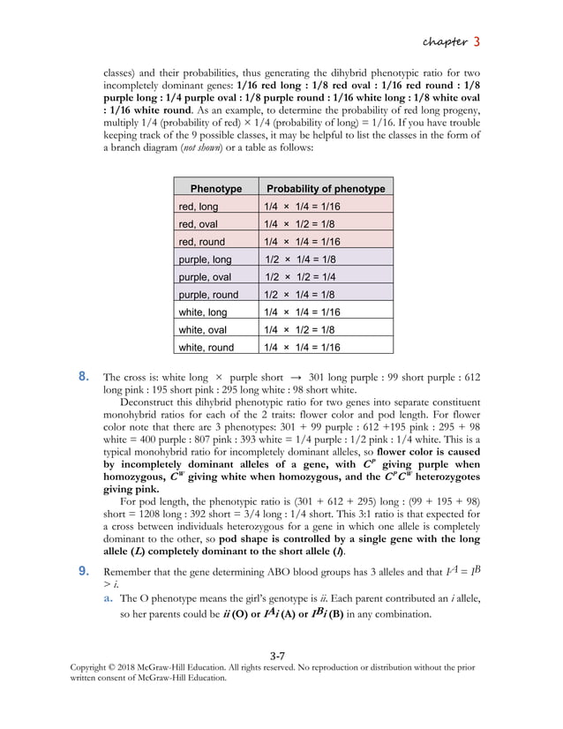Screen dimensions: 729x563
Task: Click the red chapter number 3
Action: click(477, 41)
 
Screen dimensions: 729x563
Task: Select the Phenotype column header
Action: click(215, 189)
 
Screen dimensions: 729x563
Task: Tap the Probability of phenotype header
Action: click(326, 189)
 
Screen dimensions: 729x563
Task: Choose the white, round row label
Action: click(206, 348)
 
